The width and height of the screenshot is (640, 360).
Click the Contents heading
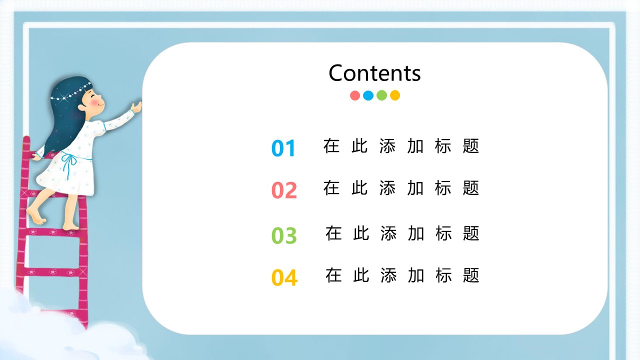(x=374, y=73)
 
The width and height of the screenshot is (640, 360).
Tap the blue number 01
(x=283, y=148)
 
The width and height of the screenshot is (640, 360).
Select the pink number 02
(x=284, y=190)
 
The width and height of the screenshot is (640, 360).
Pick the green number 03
(x=284, y=235)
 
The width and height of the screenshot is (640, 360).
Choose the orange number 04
(x=284, y=277)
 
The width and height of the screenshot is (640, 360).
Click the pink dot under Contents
(x=355, y=95)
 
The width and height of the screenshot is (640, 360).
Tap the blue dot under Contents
(x=368, y=95)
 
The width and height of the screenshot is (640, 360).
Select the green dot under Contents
(x=381, y=95)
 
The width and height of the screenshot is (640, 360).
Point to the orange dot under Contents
(x=395, y=95)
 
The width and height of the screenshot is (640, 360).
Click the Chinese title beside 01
(x=401, y=146)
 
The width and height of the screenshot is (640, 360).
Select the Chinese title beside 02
(x=401, y=188)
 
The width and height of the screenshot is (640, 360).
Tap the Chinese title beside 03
(x=402, y=233)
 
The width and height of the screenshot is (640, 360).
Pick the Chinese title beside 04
(x=402, y=275)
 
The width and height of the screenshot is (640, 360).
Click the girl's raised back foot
(x=35, y=215)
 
